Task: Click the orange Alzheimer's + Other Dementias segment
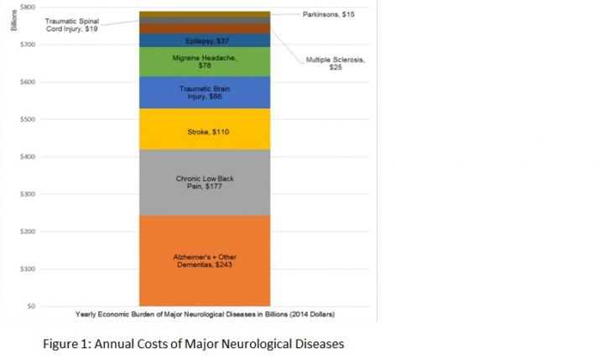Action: click(x=204, y=260)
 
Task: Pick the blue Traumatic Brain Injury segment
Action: click(x=204, y=92)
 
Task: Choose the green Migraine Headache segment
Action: click(x=204, y=61)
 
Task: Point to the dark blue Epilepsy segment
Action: click(x=204, y=40)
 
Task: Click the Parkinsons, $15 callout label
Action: click(x=328, y=14)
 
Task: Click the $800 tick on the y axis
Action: click(x=27, y=7)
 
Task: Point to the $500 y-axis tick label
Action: click(x=27, y=119)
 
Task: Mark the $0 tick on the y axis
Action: click(x=30, y=306)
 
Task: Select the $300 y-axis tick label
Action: click(x=27, y=194)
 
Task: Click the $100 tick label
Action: click(x=27, y=269)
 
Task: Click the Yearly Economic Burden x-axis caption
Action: click(x=204, y=315)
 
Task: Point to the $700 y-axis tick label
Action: click(x=27, y=44)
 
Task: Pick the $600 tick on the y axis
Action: click(x=27, y=82)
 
